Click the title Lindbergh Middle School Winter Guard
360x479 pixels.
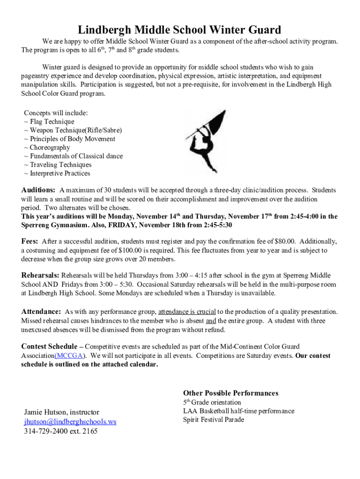tap(180, 30)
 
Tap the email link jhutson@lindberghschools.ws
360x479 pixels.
tap(70, 421)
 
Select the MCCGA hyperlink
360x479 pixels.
tap(70, 356)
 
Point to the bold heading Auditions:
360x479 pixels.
tap(38, 190)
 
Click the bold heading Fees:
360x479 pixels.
tap(30, 241)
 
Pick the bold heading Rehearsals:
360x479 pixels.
tap(40, 275)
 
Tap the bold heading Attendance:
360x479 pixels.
tap(41, 312)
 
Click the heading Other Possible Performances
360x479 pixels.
tap(230, 393)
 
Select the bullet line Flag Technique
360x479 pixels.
tap(51, 122)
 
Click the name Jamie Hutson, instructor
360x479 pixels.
tap(62, 412)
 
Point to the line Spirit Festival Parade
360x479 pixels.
tap(214, 420)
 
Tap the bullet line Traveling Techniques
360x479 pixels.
tap(60, 165)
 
